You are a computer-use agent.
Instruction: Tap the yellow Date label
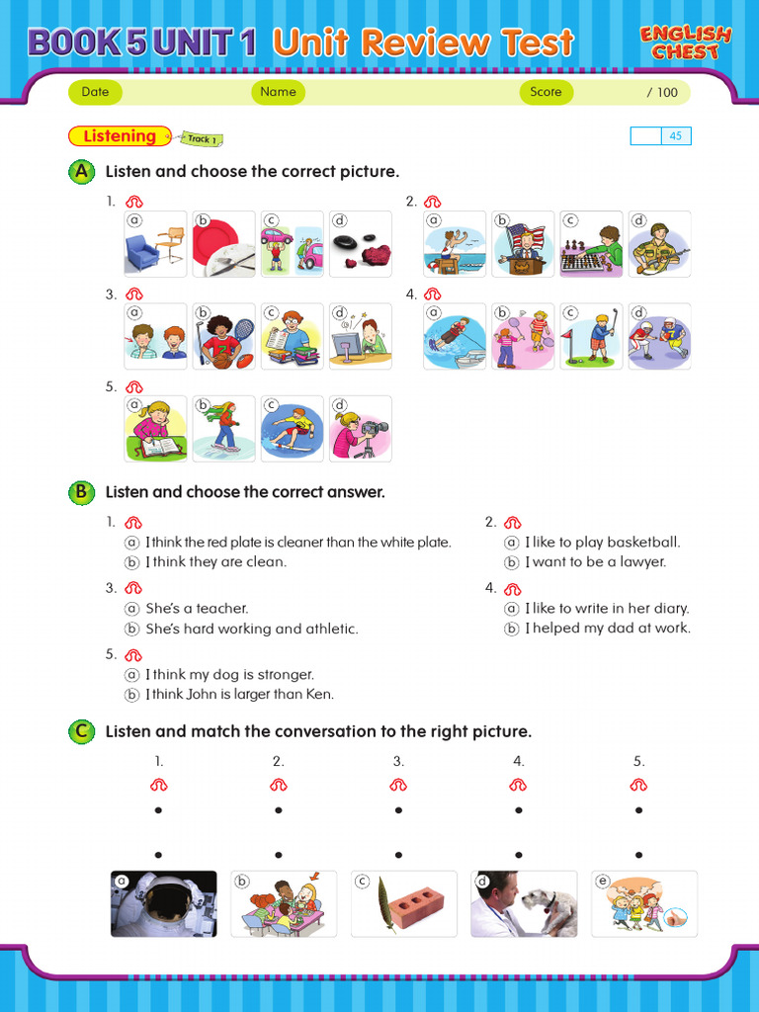click(x=96, y=92)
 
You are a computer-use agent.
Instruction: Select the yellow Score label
click(x=546, y=92)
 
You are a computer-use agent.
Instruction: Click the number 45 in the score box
click(x=676, y=136)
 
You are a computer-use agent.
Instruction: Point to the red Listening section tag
click(x=120, y=136)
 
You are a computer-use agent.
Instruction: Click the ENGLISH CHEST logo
click(x=685, y=42)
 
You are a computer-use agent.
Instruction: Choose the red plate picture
click(x=223, y=244)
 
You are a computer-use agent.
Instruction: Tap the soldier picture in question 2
click(x=659, y=244)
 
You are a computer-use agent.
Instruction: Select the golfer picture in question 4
click(x=591, y=337)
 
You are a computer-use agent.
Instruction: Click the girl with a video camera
click(x=360, y=429)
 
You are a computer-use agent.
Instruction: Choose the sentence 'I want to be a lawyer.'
click(x=595, y=562)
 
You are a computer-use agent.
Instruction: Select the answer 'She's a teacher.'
click(x=197, y=609)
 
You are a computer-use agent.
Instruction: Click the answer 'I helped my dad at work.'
click(x=607, y=629)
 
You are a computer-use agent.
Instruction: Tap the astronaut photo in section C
click(x=164, y=903)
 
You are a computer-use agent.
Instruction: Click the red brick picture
click(x=403, y=903)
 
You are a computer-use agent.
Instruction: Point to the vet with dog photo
click(x=524, y=903)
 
